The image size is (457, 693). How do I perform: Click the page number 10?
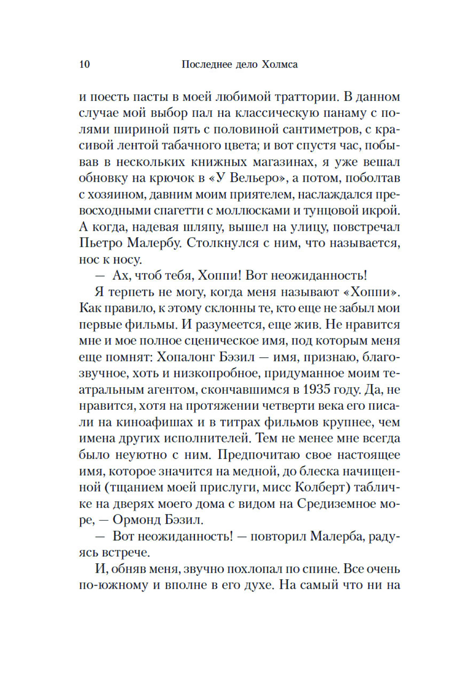click(x=85, y=64)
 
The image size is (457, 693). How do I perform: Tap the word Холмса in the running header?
click(x=280, y=64)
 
